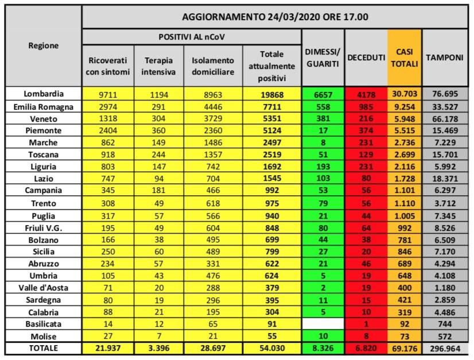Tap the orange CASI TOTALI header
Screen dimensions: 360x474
(x=404, y=57)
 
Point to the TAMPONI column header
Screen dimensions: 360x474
(x=445, y=57)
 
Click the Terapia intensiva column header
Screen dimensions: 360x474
(x=158, y=65)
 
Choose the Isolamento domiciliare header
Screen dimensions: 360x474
(x=213, y=65)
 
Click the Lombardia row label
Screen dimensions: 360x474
(x=44, y=94)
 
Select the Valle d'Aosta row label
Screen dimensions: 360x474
(x=44, y=287)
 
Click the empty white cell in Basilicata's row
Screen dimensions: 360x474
(x=323, y=324)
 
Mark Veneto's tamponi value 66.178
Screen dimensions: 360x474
(x=445, y=118)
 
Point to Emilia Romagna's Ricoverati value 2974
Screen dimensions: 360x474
(x=108, y=106)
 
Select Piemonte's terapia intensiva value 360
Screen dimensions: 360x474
(x=158, y=130)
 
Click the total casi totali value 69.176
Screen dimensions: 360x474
(x=404, y=349)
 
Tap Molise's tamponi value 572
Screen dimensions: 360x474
(x=445, y=336)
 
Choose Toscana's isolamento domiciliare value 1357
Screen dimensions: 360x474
(x=213, y=154)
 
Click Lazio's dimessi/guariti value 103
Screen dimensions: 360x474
(x=323, y=179)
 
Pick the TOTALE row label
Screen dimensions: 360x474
(x=44, y=348)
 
